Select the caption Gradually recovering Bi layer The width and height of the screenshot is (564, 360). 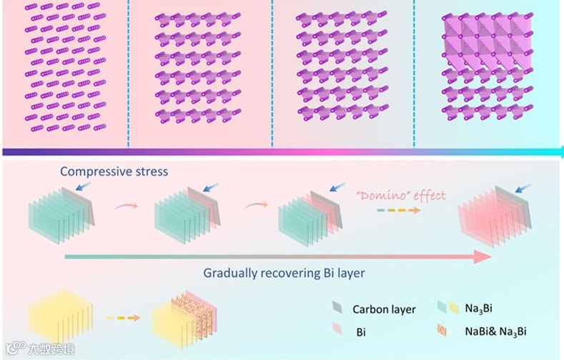pos(285,273)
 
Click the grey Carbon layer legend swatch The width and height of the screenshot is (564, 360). pos(337,309)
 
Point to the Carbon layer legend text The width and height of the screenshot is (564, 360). pos(384,309)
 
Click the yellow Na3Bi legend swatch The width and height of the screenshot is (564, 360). pos(454,308)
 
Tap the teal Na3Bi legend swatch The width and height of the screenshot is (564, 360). pos(442,308)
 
